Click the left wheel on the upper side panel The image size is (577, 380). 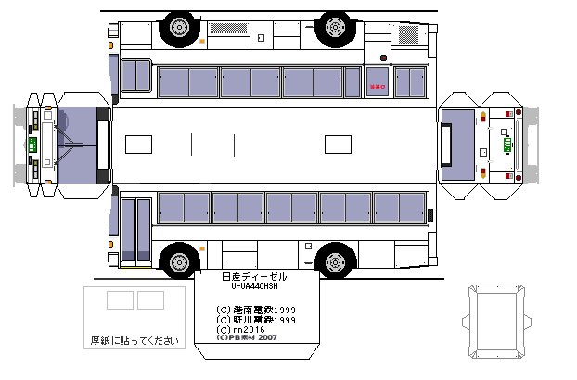coord(177,29)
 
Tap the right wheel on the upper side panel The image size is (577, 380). coord(334,29)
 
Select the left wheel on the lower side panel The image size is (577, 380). coord(177,260)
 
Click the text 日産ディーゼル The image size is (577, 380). coord(255,277)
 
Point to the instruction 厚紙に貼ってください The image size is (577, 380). coord(134,341)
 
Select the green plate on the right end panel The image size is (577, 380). coord(506,145)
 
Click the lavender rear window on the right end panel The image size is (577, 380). coord(458,145)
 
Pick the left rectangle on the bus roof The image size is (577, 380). coord(138,145)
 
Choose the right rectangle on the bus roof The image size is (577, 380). coord(339,145)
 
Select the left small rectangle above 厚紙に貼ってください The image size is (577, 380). coord(120,300)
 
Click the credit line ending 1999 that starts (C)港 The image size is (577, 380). coord(255,310)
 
